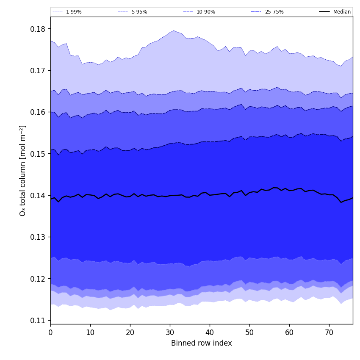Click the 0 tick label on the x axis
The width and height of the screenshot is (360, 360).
50,332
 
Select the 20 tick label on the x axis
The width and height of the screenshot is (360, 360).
130,332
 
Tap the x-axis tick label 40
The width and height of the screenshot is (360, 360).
210,332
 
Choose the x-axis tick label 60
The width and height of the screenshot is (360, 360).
289,332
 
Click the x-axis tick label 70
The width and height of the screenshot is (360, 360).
329,332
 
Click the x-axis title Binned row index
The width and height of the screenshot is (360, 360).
202,343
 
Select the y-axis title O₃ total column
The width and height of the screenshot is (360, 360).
23,170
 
